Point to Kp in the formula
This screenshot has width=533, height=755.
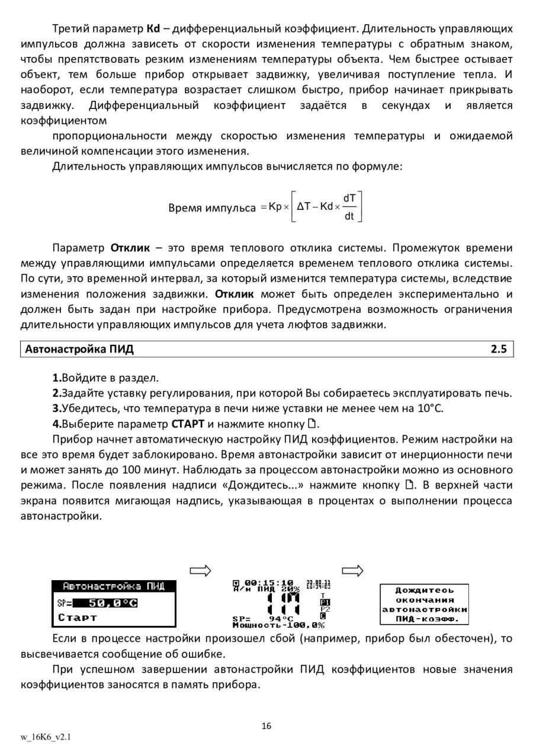pyautogui.click(x=275, y=207)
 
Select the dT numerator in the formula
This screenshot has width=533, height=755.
pyautogui.click(x=349, y=198)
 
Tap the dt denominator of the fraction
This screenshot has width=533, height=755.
pyautogui.click(x=349, y=216)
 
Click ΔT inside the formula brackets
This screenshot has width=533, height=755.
pyautogui.click(x=304, y=207)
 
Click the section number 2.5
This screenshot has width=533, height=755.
pyautogui.click(x=498, y=349)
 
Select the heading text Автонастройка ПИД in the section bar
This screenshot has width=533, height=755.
pyautogui.click(x=79, y=349)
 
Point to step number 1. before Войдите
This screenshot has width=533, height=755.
pyautogui.click(x=57, y=378)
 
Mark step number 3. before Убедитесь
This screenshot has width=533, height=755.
pyautogui.click(x=57, y=408)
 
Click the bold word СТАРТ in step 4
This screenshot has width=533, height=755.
pyautogui.click(x=188, y=424)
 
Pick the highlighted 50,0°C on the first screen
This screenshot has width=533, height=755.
pyautogui.click(x=113, y=603)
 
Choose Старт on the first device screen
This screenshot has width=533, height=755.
pyautogui.click(x=78, y=618)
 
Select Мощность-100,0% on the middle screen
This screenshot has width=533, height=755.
pyautogui.click(x=278, y=625)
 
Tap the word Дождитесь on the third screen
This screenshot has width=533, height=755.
pyautogui.click(x=424, y=590)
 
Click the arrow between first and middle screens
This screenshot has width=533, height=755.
pyautogui.click(x=201, y=571)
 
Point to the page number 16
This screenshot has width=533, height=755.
pyautogui.click(x=266, y=726)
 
